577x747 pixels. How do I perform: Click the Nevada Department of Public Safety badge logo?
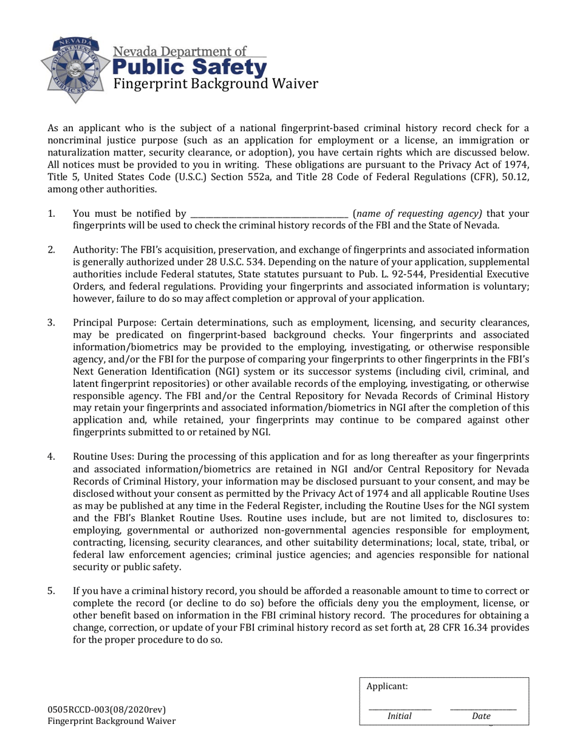(x=75, y=70)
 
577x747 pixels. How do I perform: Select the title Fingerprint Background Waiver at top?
(x=216, y=84)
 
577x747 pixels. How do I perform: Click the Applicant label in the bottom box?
(x=388, y=686)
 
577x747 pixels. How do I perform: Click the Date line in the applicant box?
(x=482, y=708)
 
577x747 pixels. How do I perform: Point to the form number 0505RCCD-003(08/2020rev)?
(x=107, y=709)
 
